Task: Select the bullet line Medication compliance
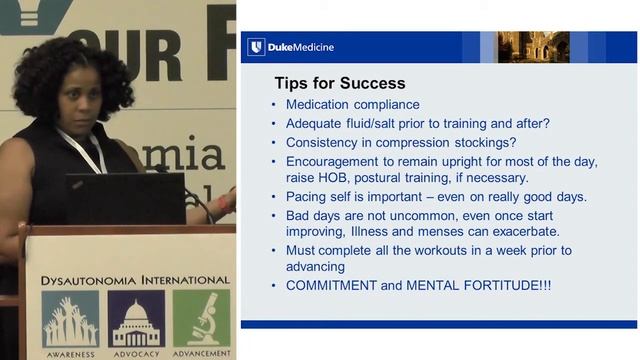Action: point(352,104)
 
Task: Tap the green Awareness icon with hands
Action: point(70,318)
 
